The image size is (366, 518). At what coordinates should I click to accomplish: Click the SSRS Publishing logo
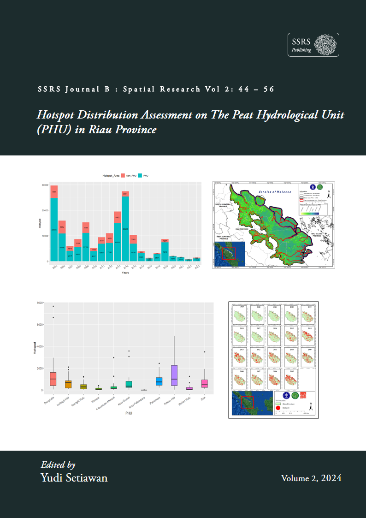[313, 45]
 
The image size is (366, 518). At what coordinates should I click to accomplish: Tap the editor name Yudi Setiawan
[74, 477]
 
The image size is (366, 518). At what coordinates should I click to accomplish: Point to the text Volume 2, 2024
[311, 478]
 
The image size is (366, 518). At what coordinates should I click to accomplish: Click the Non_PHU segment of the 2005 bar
[54, 191]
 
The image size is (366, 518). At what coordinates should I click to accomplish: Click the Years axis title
[125, 273]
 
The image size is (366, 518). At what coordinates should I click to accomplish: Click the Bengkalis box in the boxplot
[53, 379]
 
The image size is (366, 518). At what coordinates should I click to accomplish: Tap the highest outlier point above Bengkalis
[53, 306]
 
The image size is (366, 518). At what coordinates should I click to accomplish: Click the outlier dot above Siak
[205, 352]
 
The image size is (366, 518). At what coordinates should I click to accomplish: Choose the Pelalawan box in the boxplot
[159, 381]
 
